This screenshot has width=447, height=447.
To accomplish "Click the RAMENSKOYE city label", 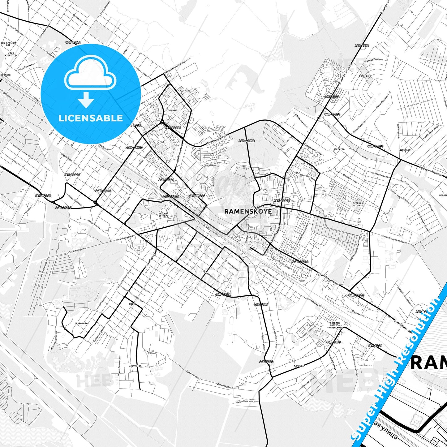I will tap(248, 211).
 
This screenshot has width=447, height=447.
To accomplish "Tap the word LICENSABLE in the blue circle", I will tap(90, 118).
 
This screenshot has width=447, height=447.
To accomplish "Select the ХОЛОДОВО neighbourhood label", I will tap(171, 110).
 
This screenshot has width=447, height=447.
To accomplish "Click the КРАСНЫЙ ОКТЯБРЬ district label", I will tap(163, 215).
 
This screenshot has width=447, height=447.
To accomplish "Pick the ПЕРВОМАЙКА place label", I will tap(82, 324).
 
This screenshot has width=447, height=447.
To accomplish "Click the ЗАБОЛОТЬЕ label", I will tap(135, 366).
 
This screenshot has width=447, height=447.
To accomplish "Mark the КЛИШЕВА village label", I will tap(299, 366).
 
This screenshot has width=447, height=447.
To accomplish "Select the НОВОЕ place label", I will tap(132, 304).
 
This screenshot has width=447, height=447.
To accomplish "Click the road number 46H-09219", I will tap(73, 42).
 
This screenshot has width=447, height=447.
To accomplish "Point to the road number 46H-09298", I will tap(247, 141).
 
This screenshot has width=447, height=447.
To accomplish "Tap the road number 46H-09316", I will tap(282, 201).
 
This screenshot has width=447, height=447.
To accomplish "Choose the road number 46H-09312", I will tap(223, 294).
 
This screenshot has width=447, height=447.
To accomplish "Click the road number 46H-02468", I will tap(43, 196).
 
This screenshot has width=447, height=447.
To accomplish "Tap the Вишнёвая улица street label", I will tap(246, 402).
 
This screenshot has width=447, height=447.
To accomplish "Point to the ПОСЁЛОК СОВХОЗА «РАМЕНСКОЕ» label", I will tap(335, 325).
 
